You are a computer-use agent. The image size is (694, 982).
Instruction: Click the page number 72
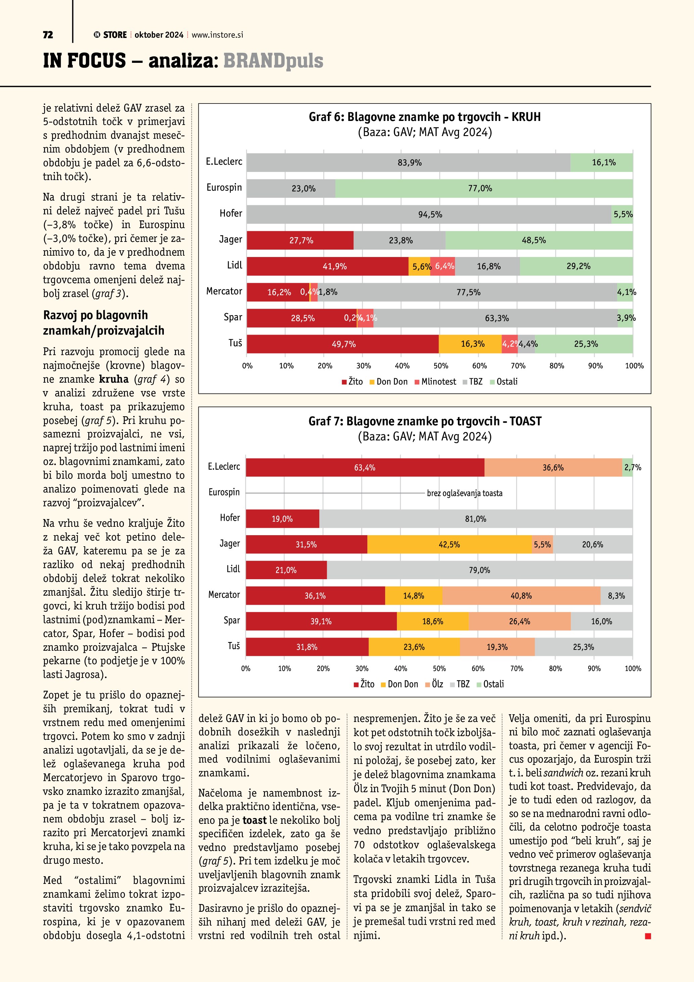click(x=48, y=35)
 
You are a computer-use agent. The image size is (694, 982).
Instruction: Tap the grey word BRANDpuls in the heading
click(x=273, y=60)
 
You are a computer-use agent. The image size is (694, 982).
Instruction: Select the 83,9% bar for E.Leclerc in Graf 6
click(x=409, y=163)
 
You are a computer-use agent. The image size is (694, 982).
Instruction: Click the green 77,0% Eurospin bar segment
click(x=484, y=188)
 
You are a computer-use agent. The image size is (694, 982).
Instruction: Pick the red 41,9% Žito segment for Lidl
click(x=327, y=266)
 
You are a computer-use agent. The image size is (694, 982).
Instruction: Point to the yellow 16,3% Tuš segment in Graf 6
click(x=470, y=344)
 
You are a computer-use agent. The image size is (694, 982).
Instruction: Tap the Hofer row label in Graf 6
click(x=231, y=213)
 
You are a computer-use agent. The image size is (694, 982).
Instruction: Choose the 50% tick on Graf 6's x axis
click(x=441, y=366)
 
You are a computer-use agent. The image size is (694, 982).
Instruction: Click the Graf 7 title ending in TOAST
click(x=425, y=421)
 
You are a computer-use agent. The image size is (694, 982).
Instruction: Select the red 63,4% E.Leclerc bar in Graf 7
click(x=365, y=467)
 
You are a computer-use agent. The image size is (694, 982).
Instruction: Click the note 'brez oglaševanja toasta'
click(x=465, y=493)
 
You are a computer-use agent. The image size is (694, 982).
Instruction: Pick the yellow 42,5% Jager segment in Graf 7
click(x=449, y=545)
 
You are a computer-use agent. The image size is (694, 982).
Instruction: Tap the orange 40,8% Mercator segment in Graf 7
click(x=521, y=596)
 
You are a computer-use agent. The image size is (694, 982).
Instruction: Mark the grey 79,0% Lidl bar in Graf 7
click(x=479, y=570)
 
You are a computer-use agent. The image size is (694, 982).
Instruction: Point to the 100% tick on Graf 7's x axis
click(x=633, y=669)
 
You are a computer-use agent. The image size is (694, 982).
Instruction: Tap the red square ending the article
click(x=648, y=936)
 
